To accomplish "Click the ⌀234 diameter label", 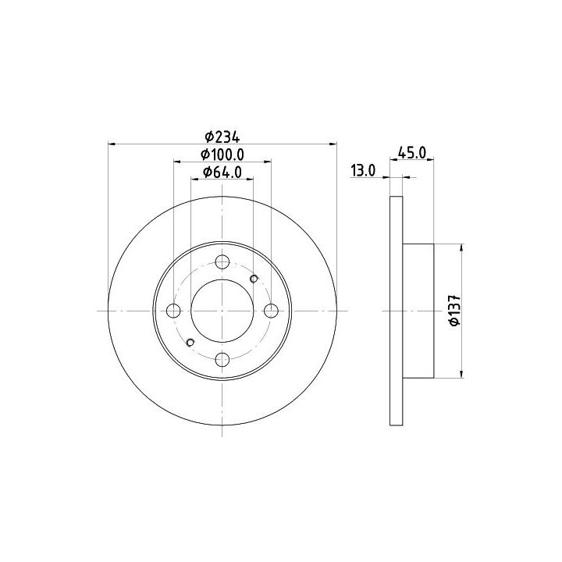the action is (x=222, y=137).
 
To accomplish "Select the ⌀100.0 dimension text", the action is (x=222, y=155).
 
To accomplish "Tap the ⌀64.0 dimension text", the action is (x=222, y=173).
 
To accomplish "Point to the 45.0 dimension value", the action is (x=412, y=153).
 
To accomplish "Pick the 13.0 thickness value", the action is (x=363, y=171).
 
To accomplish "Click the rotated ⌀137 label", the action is (x=454, y=311).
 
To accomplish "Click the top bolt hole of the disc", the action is (x=222, y=261).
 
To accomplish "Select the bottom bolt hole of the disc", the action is (x=222, y=359).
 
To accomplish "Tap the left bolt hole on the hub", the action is (x=173, y=311).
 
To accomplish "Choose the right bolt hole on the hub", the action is (x=271, y=311).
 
